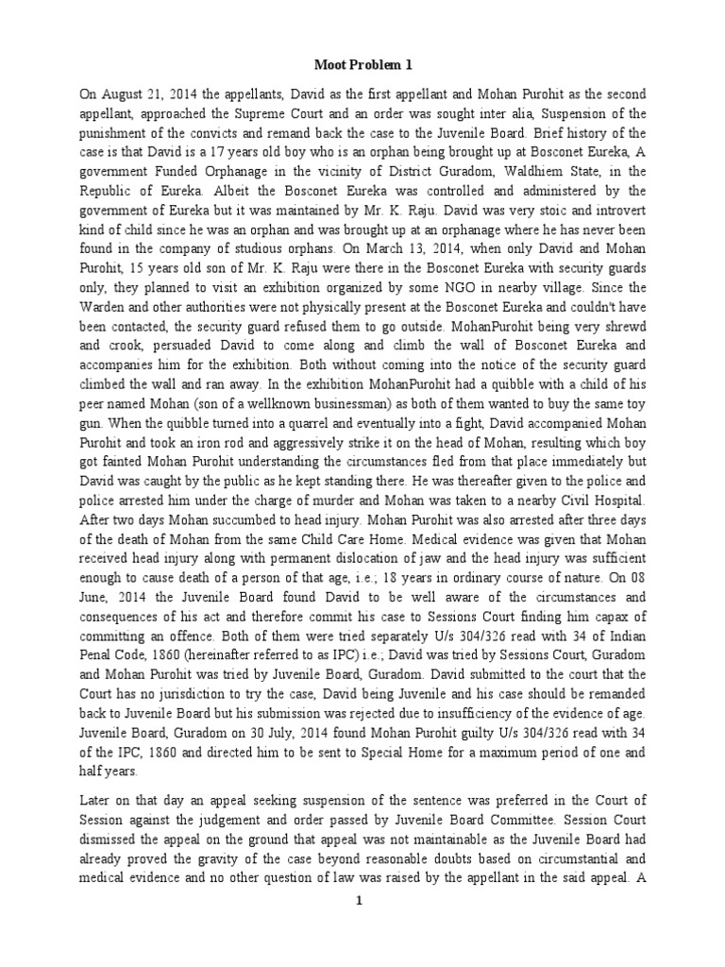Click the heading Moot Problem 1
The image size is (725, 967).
(362, 64)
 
